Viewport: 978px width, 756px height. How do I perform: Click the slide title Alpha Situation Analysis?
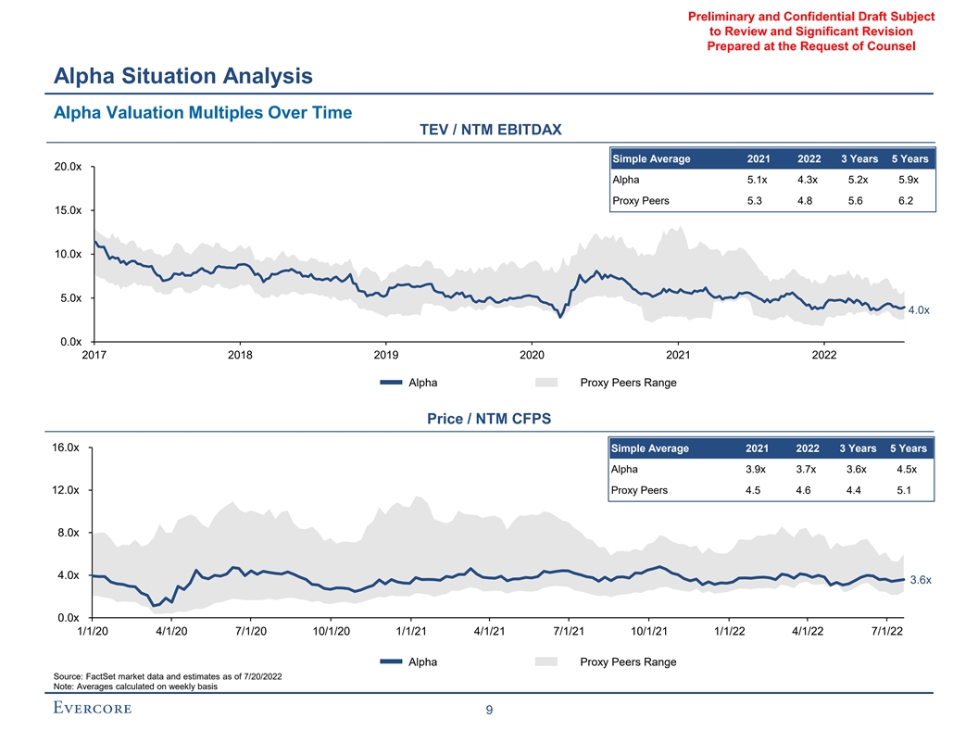coord(182,75)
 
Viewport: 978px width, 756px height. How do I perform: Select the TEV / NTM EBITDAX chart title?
coord(491,129)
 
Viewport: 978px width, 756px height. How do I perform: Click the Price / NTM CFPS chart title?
coord(488,419)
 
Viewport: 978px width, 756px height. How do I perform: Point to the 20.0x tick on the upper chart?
coord(70,167)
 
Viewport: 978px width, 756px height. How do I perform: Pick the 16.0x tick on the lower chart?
coord(70,447)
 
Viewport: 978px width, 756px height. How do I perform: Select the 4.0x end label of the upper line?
coord(919,310)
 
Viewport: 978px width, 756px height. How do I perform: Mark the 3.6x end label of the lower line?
coord(919,580)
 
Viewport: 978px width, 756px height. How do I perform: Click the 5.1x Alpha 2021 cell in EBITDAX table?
coord(758,180)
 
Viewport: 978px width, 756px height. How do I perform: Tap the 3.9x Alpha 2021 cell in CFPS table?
coord(756,470)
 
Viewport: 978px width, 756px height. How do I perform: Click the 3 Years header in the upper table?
coord(859,158)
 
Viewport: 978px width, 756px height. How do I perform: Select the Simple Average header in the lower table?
coord(650,448)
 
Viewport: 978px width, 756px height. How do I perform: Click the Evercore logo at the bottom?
coord(93,709)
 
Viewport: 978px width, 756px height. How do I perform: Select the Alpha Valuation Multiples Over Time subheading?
coord(203,113)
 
